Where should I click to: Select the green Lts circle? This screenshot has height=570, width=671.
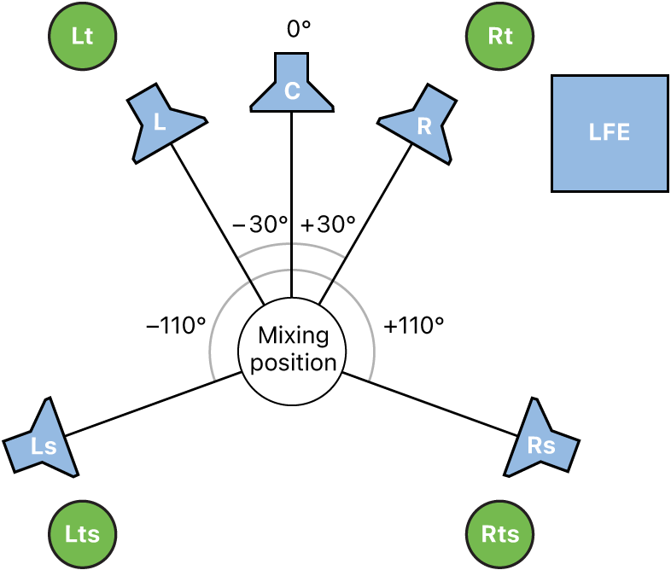[82, 534]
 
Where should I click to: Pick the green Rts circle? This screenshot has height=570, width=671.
[500, 534]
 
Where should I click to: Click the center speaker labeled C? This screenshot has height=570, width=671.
[292, 85]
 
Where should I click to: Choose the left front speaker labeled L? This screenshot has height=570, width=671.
[162, 122]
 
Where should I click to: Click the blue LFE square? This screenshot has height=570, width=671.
[609, 133]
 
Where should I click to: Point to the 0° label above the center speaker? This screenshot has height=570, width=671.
[298, 28]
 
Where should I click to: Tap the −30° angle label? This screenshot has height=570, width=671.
[261, 224]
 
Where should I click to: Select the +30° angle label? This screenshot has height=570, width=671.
[328, 224]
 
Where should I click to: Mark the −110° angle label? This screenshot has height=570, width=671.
[177, 325]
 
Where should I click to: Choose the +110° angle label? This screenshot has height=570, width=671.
[414, 325]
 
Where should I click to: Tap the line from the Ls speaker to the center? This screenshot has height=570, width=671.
[154, 404]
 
